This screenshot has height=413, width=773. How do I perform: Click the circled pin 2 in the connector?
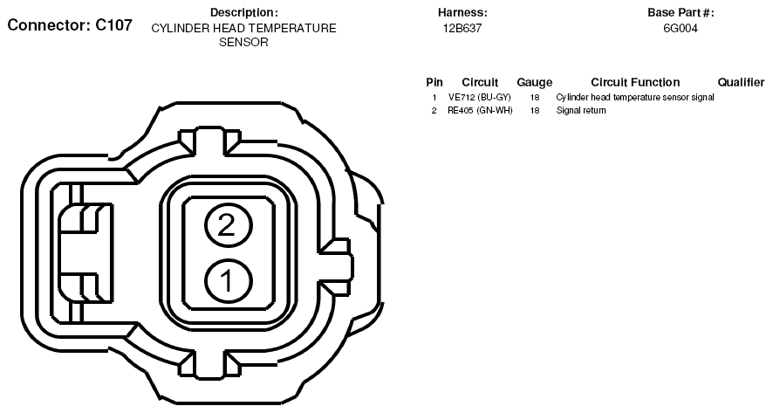coord(228,226)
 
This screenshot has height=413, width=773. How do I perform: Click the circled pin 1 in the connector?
coord(228,282)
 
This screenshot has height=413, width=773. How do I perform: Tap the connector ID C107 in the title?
coord(114,25)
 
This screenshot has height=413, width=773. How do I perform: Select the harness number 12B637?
coord(462,29)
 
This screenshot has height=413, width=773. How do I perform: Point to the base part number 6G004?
coord(681,29)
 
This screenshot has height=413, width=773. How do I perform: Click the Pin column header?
coord(434,82)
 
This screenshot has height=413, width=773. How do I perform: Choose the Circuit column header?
coord(480,82)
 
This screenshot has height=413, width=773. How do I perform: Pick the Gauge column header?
coord(535,83)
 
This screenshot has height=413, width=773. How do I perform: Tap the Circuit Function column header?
coord(635,82)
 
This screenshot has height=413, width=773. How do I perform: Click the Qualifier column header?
coord(741,82)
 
